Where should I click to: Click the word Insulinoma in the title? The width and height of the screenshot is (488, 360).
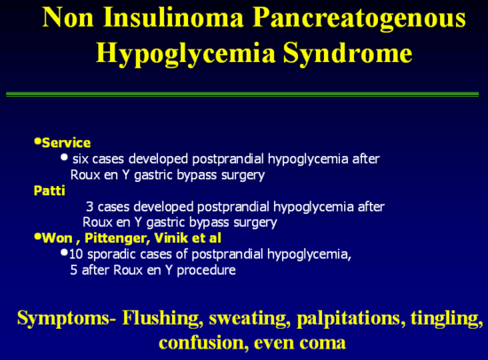(x=173, y=18)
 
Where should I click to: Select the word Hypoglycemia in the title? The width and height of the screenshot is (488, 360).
(x=185, y=54)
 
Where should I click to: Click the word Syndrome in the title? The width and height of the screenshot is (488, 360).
(x=348, y=54)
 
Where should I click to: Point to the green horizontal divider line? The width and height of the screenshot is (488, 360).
(x=242, y=94)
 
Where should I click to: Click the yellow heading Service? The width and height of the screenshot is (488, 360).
(x=67, y=143)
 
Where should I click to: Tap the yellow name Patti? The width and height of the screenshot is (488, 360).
(x=49, y=191)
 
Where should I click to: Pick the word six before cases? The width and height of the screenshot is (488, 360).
(x=81, y=159)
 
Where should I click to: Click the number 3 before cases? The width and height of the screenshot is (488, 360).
(x=90, y=207)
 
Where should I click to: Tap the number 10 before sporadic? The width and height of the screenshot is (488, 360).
(x=76, y=254)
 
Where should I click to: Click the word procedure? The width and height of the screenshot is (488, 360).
(x=206, y=270)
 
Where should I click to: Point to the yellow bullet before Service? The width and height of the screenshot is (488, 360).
(x=37, y=142)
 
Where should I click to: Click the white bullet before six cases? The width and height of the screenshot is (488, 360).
(x=65, y=158)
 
